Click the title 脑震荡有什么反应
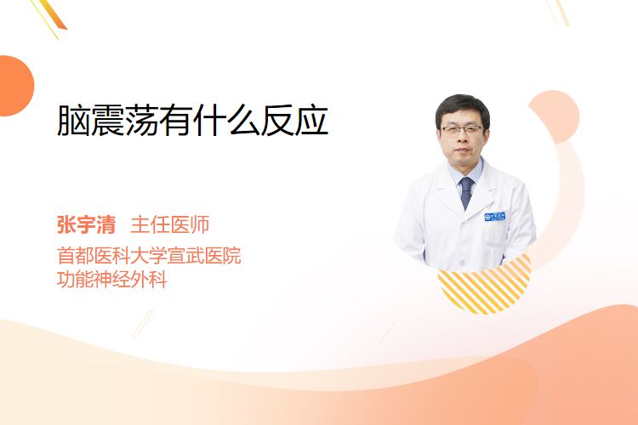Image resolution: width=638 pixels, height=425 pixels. [193, 120]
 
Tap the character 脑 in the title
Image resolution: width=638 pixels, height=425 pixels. [74, 120]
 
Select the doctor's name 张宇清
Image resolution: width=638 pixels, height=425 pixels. [86, 225]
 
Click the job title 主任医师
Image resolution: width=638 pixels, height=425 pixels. [169, 225]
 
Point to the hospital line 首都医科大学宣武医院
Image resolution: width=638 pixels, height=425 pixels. [149, 255]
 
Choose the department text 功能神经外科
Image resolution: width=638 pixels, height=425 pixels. [112, 280]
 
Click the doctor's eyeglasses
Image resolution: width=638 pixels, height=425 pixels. [462, 130]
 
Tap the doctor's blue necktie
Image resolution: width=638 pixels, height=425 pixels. [466, 193]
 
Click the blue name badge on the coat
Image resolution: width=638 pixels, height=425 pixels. [495, 217]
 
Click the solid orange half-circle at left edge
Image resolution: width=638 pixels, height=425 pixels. [15, 86]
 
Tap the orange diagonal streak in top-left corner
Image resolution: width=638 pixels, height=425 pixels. [52, 14]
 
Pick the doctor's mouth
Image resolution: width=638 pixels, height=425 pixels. [461, 150]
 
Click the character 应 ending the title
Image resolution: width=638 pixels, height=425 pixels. [311, 121]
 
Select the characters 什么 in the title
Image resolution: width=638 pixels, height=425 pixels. [227, 120]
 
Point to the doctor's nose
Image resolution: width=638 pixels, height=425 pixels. [462, 139]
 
